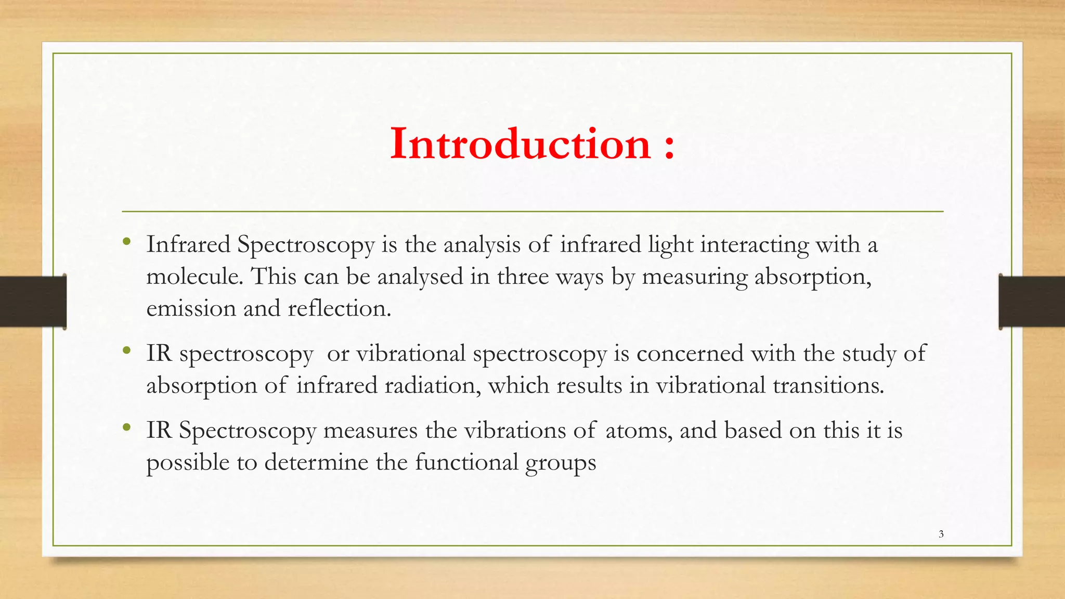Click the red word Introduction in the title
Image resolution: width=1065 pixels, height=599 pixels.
(520, 144)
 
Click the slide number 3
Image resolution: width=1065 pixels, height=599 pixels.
(941, 534)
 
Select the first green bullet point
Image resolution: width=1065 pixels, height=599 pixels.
(126, 241)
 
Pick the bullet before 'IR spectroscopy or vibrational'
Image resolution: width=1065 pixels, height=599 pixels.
(126, 351)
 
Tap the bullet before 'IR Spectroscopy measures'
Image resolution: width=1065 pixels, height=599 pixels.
(126, 428)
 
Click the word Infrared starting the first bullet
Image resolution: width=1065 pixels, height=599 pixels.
(188, 244)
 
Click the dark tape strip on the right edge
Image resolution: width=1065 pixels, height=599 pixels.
(1032, 302)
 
